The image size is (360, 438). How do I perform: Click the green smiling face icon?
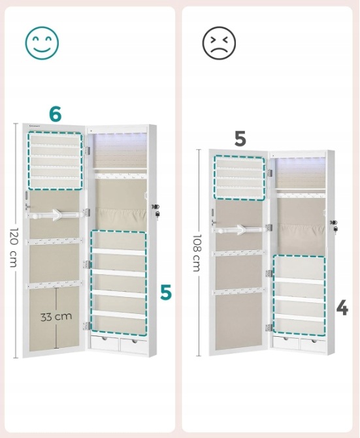tap(42, 43)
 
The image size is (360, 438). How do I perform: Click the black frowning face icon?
tap(219, 43)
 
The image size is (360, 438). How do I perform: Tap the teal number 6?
tap(55, 114)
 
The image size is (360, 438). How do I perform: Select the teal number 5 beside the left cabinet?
tap(166, 292)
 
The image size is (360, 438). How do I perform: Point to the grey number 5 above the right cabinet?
tap(240, 138)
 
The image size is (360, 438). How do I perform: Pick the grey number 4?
tap(342, 308)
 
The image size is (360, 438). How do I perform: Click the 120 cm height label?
tap(14, 247)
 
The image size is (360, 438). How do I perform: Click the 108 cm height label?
tap(197, 253)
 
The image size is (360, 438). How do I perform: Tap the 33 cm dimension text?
tap(56, 317)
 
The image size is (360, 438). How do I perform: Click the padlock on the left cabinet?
tap(157, 215)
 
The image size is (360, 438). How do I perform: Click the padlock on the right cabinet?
tap(335, 229)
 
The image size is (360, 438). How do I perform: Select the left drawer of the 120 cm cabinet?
tap(105, 343)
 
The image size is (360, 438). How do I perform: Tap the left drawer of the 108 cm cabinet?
tap(286, 343)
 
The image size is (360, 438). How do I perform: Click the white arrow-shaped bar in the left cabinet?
tap(56, 215)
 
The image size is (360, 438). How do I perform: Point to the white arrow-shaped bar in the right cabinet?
tap(240, 230)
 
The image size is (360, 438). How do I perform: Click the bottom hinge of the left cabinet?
tap(87, 326)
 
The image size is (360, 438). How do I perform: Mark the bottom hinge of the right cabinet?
tap(269, 328)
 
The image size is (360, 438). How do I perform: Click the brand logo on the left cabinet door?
tap(35, 126)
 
